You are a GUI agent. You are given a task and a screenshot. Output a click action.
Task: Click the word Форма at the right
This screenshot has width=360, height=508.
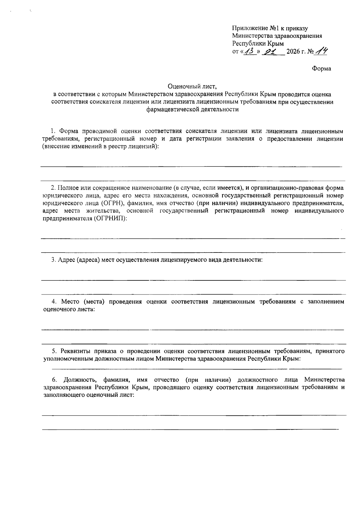click(x=322, y=69)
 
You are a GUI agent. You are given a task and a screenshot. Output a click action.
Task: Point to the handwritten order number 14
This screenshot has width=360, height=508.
click(x=321, y=51)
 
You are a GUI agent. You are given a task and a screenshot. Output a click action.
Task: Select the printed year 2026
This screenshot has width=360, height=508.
click(x=294, y=52)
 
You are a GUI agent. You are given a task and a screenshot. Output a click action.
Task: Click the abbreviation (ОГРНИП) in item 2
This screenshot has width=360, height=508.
click(x=110, y=219)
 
